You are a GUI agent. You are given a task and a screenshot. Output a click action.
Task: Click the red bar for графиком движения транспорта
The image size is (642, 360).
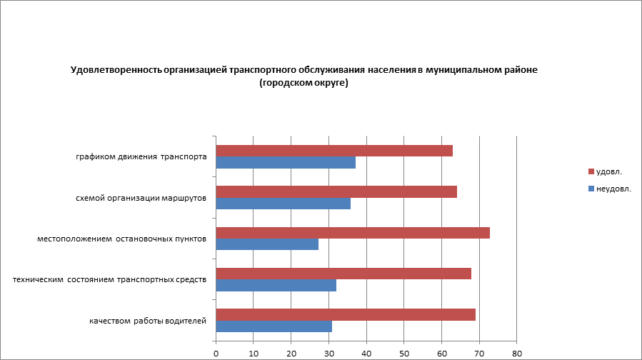coord(334,151)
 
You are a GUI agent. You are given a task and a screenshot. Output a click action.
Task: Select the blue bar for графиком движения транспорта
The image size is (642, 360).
coord(286,163)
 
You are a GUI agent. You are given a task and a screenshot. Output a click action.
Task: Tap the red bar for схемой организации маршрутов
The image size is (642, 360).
coord(336,191)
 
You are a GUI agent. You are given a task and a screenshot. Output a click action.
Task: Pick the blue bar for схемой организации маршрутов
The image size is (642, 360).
coord(284,204)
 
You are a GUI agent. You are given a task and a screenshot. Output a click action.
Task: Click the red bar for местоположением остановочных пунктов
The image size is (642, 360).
coord(353,232)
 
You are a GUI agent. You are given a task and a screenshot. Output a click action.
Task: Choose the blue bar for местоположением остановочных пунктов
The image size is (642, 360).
coord(267,244)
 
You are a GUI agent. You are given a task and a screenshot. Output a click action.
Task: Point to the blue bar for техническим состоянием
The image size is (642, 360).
coord(276,286)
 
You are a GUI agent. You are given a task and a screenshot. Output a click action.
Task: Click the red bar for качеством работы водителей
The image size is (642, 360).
coord(346,314)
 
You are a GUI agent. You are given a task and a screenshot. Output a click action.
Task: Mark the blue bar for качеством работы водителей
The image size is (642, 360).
coord(274,326)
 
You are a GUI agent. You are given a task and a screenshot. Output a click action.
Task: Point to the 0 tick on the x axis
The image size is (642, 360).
coord(216,353)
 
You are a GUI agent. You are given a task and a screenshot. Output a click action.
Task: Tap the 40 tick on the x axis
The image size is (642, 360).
coord(366,353)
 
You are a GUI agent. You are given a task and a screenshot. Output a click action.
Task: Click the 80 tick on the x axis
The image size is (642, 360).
coord(517,353)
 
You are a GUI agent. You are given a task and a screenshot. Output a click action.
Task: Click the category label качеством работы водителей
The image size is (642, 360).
coord(148,321)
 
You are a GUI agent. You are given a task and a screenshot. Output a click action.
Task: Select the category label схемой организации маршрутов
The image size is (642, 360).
coord(141,198)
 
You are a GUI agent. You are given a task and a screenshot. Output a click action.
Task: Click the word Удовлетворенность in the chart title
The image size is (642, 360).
coord(116,70)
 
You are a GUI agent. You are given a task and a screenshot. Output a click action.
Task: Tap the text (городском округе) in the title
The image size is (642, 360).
coord(304,83)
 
